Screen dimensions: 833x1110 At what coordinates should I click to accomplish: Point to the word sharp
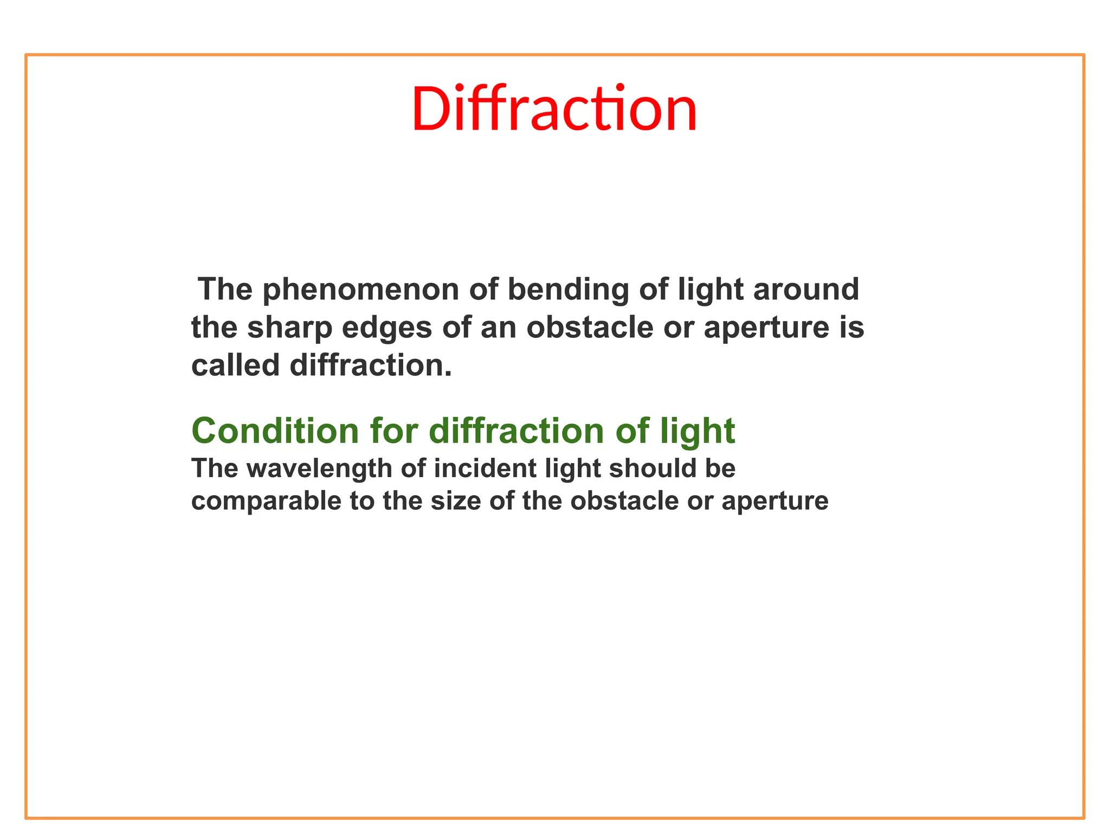click(289, 329)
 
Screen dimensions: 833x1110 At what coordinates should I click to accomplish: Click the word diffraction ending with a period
click(371, 366)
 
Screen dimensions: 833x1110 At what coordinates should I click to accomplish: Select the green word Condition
click(275, 431)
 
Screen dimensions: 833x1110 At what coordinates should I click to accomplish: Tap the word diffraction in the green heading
click(516, 431)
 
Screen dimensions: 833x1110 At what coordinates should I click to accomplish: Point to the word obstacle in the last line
click(624, 502)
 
